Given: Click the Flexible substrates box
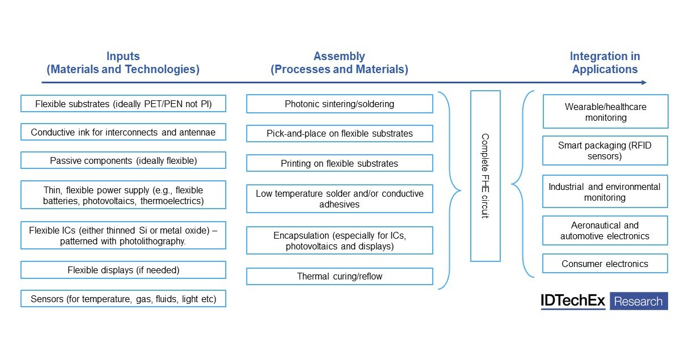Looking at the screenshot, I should pos(123,104).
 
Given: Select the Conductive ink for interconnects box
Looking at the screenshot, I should pos(123,132).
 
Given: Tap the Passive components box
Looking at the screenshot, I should pos(123,160).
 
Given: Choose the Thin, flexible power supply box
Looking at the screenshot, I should pos(123,195).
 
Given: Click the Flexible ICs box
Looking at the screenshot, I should pos(123,235).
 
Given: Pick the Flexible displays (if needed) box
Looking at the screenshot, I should pos(123,270).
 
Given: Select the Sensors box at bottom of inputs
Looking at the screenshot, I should pos(123,298).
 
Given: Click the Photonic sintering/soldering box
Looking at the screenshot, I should pos(339,104).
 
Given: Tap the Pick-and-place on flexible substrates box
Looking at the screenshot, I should pos(339,133).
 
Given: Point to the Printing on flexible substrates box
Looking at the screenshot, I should pos(339,163).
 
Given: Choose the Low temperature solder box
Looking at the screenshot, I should pos(339,198).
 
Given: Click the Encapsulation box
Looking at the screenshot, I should pos(339,240).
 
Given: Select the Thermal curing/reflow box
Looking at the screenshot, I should pos(339,276).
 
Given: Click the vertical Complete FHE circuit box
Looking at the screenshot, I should pos(485,176).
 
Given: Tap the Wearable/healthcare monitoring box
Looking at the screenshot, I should pos(605,112).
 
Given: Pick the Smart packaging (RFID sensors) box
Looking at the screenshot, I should pos(605,150).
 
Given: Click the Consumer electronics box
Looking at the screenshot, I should pos(605,264).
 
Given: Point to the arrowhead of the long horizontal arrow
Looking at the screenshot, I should pos(643,83).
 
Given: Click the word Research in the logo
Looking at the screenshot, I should pos(639,301).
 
